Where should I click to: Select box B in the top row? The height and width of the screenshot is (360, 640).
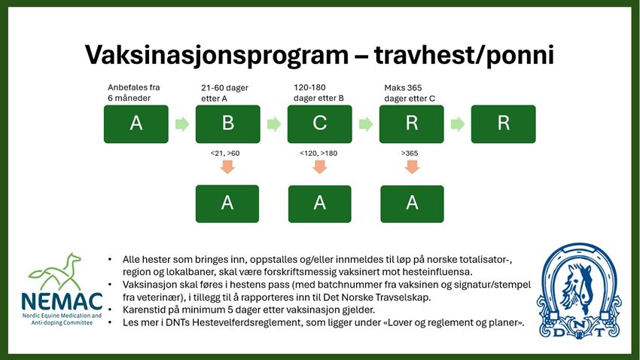[x=227, y=124]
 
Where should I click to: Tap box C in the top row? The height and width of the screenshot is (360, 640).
[x=320, y=124]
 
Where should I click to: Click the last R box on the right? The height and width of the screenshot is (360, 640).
[x=503, y=124]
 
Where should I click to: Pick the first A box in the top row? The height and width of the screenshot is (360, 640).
[x=136, y=124]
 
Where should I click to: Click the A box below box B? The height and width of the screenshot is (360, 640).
[x=227, y=203]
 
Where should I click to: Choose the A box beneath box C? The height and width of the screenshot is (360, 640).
[x=320, y=203]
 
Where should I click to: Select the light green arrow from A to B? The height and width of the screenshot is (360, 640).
[x=181, y=124]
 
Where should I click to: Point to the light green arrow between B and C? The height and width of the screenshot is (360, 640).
[x=274, y=124]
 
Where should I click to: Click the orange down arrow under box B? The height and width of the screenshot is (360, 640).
[x=227, y=166]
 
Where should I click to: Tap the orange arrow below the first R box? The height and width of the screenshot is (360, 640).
[x=411, y=166]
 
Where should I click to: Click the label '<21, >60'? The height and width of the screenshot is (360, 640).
[x=227, y=153]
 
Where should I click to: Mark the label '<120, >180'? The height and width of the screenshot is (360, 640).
[x=320, y=153]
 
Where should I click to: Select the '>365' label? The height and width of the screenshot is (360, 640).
[x=410, y=153]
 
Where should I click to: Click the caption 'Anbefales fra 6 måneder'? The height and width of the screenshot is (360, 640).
[x=134, y=93]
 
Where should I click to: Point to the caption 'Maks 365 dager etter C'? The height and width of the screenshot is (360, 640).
[x=410, y=93]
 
